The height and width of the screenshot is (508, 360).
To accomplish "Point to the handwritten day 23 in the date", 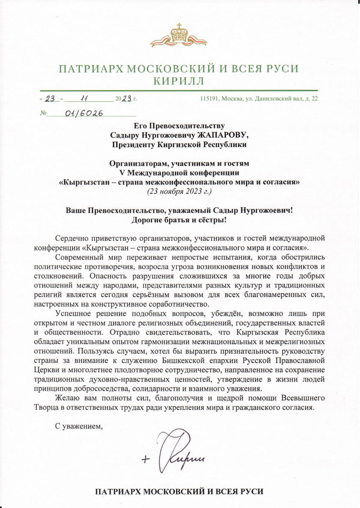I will coord(51,99).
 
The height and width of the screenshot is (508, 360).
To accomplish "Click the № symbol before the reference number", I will coord(42,113).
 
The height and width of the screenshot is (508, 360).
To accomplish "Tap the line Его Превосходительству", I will coord(180,126).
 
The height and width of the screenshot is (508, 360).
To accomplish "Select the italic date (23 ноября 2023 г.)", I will coord(180,191).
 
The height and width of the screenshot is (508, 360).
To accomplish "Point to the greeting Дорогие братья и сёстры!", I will coord(180,219).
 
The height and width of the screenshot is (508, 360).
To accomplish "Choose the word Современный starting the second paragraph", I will coord(75,257).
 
